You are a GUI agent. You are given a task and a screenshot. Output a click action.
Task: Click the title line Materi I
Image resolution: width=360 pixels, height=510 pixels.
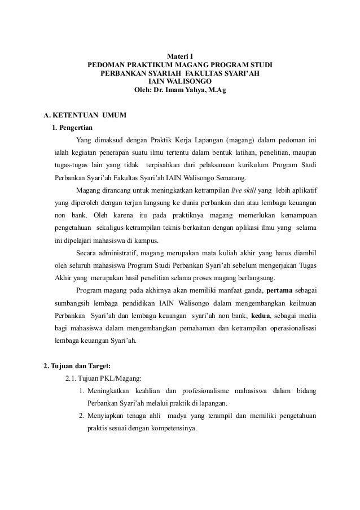tap(179, 56)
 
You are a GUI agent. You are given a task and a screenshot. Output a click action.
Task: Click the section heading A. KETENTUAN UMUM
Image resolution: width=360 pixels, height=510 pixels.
tap(85, 116)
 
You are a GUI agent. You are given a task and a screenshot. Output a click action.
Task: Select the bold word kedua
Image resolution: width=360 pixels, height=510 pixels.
tap(262, 316)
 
